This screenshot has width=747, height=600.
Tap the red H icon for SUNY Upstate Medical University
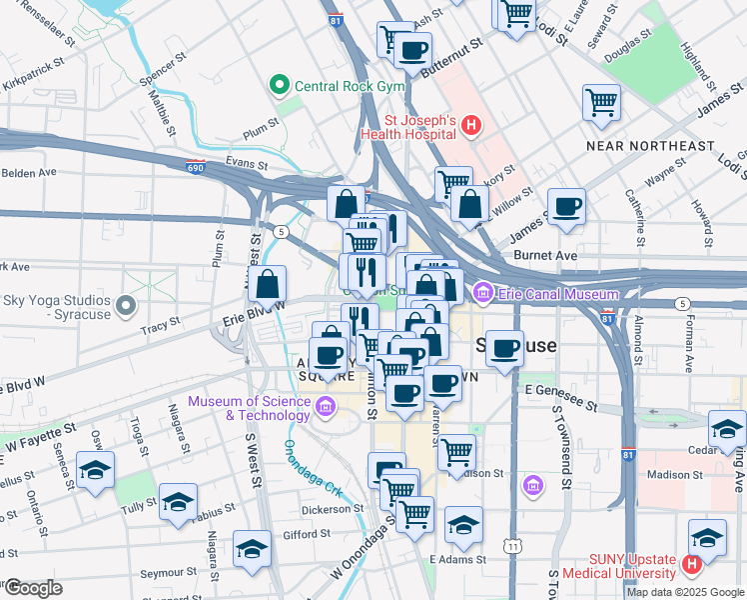click(x=691, y=566)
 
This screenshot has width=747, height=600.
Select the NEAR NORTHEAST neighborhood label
click(x=650, y=146)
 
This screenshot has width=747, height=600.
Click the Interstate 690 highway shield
click(x=196, y=168)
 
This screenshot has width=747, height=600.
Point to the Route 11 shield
click(x=512, y=546)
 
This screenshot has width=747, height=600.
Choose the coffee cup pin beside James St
click(x=567, y=206)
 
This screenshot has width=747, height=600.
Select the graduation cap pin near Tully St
click(x=178, y=501)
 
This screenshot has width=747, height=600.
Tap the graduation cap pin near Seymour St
click(x=252, y=547)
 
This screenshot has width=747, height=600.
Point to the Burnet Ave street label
click(x=553, y=256)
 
